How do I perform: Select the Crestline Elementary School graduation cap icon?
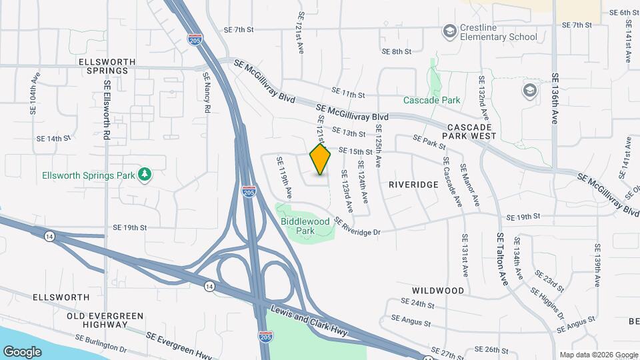(x=449, y=31)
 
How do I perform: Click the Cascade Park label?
(x=431, y=101)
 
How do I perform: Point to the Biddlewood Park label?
(x=305, y=225)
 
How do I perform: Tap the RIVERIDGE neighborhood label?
(x=414, y=184)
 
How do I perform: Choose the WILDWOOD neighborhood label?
(x=438, y=291)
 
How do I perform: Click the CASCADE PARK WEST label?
(x=472, y=131)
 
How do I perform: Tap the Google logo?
(x=22, y=351)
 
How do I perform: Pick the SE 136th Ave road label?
(x=554, y=99)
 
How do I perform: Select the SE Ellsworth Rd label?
(x=107, y=110)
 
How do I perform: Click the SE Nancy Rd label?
(x=207, y=93)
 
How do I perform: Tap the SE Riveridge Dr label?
(x=357, y=227)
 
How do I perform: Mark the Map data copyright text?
(x=598, y=355)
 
